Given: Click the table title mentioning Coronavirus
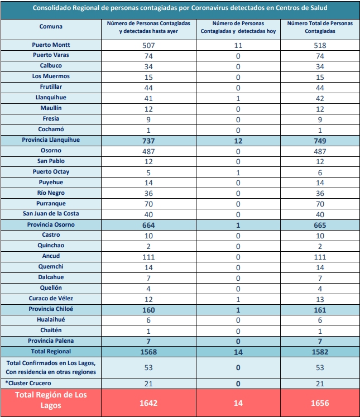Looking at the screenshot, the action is [x=180, y=8].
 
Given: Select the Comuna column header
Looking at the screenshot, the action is [x=51, y=26].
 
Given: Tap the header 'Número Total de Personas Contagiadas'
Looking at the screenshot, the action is [x=320, y=27].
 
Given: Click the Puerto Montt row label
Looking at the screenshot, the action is [x=51, y=45].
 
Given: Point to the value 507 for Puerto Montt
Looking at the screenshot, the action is [x=148, y=45].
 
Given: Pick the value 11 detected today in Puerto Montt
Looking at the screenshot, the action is [x=238, y=45].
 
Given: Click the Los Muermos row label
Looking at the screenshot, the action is [x=51, y=76].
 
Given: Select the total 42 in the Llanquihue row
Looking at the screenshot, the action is [x=320, y=99].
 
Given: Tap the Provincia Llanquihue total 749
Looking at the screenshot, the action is [x=320, y=141].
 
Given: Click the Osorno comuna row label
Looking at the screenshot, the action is [x=51, y=151].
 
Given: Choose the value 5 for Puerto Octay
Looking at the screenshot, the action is [x=148, y=173].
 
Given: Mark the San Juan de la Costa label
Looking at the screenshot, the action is [x=51, y=214].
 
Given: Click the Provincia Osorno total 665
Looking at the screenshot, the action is [x=320, y=226].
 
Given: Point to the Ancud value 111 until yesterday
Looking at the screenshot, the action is [x=148, y=257].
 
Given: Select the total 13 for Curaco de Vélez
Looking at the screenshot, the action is [x=320, y=299].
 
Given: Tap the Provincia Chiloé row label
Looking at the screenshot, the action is [x=51, y=309].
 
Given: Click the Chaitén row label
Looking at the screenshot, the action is [x=51, y=330].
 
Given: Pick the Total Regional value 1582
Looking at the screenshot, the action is [x=320, y=352].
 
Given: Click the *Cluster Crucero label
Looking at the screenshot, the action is [x=28, y=383].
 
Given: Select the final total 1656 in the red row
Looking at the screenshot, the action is [x=320, y=403].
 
